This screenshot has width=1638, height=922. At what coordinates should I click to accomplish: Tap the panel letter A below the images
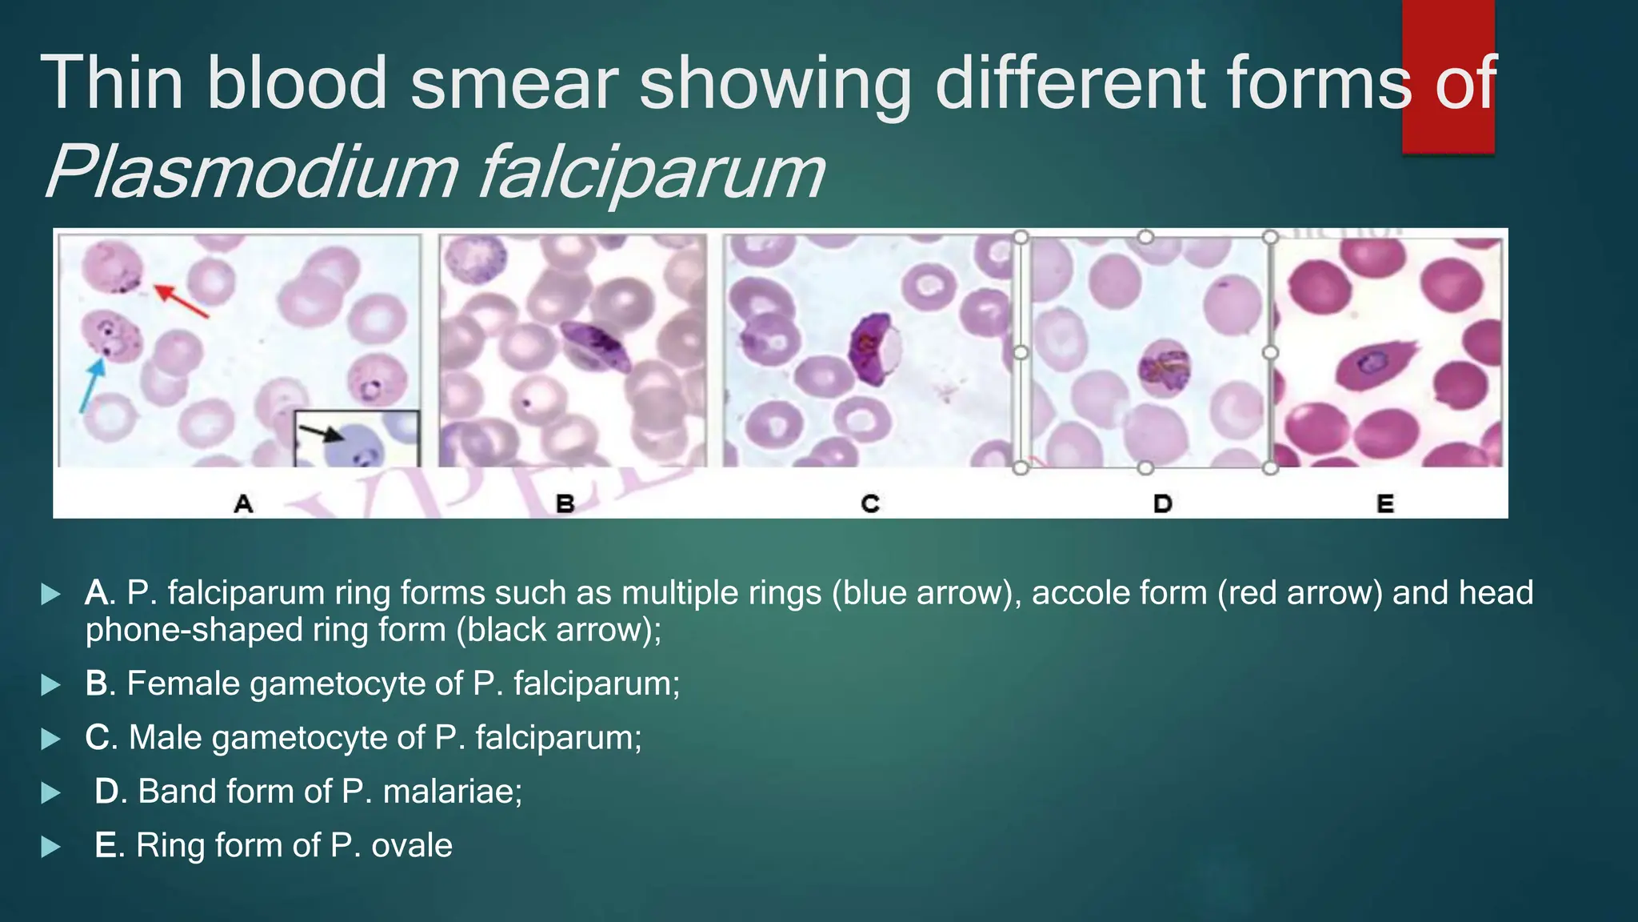point(244,504)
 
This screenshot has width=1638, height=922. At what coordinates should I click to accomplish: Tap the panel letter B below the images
point(565,504)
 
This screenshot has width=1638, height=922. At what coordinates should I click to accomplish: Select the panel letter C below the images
point(870,504)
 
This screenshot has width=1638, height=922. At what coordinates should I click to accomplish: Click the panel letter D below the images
point(1162,504)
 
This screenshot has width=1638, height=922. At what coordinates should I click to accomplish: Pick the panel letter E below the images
point(1385,504)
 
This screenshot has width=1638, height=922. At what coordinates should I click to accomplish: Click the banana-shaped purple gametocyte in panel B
point(596,344)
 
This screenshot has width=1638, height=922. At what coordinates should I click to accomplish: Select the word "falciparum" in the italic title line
point(651,172)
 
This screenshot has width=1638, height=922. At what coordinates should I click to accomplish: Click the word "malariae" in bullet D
point(452,792)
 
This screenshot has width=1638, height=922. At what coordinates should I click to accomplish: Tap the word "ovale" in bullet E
point(412,845)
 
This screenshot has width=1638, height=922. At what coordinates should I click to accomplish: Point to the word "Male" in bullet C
point(166,737)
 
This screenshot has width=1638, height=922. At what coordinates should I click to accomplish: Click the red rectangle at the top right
point(1448,76)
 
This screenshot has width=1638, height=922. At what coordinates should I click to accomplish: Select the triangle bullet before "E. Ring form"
point(50,847)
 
